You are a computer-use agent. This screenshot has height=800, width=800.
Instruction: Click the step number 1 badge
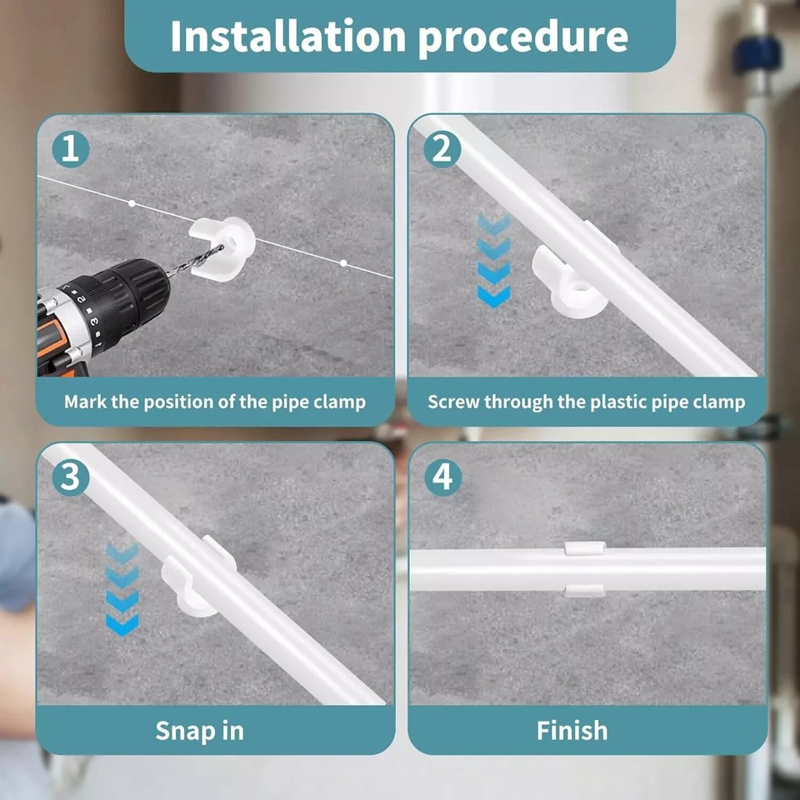coord(70,149)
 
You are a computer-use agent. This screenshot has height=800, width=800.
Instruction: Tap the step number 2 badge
coord(442,149)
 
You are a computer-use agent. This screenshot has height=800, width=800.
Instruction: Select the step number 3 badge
coord(70,477)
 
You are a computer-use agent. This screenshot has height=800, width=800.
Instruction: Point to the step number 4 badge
coord(442,477)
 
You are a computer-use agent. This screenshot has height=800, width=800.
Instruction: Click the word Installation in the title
coord(288,36)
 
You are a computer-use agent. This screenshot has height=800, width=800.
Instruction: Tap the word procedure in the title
coord(523,37)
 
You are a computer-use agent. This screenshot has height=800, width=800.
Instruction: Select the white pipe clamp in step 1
coord(222,248)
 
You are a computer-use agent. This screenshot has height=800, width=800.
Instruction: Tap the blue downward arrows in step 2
coord(493,261)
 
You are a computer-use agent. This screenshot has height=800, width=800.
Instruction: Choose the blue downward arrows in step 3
coord(122,589)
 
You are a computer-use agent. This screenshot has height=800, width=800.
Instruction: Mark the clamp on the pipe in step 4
coord(585,569)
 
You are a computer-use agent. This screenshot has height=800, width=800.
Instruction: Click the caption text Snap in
coord(199,731)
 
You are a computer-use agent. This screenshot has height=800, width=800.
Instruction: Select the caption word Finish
coord(572,731)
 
